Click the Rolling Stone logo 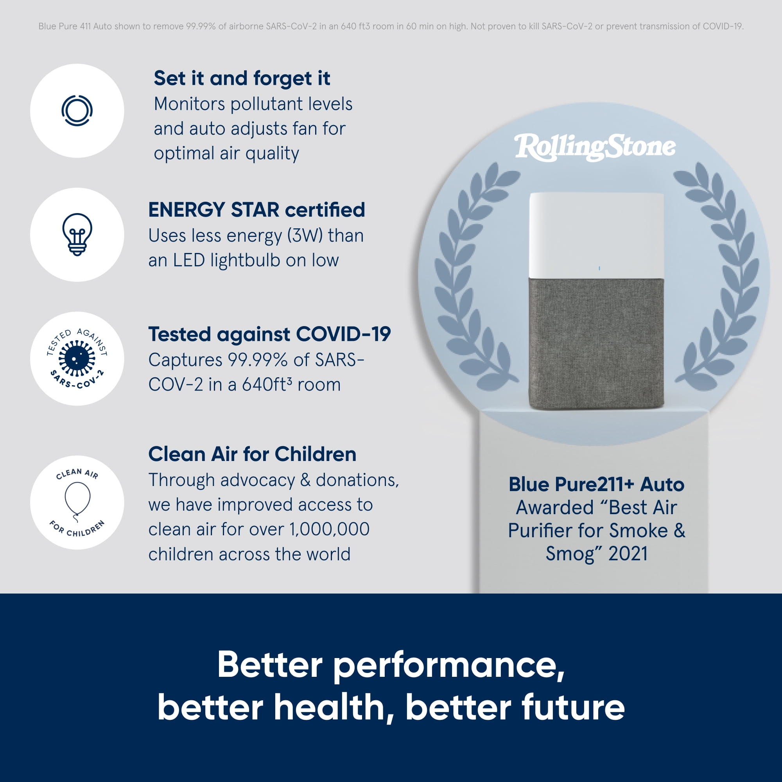click(595, 147)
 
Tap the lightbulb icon click(77, 234)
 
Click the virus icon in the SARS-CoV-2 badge click(77, 358)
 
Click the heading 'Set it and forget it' click(242, 79)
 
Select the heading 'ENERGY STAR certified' click(256, 210)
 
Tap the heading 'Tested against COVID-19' click(269, 334)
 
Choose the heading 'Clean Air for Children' click(252, 454)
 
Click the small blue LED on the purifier click(599, 268)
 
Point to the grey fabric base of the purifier click(596, 343)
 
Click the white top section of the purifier click(596, 235)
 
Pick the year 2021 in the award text click(628, 554)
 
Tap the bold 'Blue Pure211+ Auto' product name click(596, 484)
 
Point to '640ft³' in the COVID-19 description click(267, 384)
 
